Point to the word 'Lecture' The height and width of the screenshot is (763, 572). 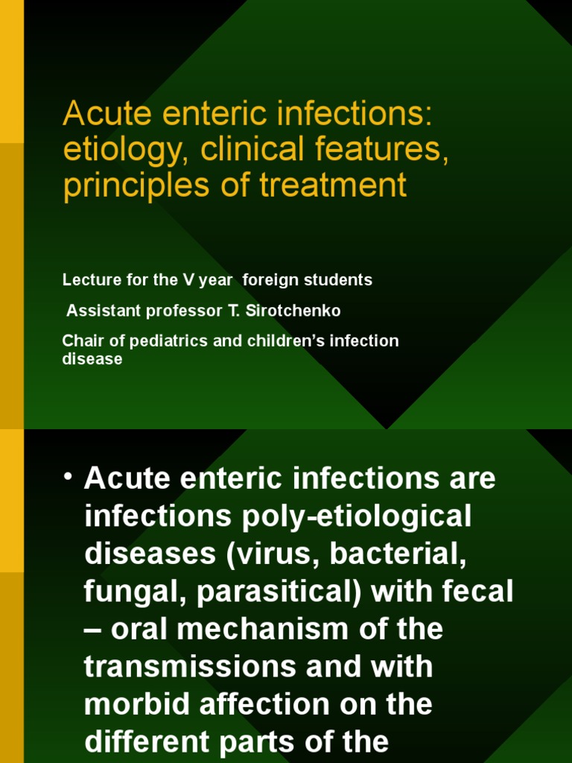point(86,280)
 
